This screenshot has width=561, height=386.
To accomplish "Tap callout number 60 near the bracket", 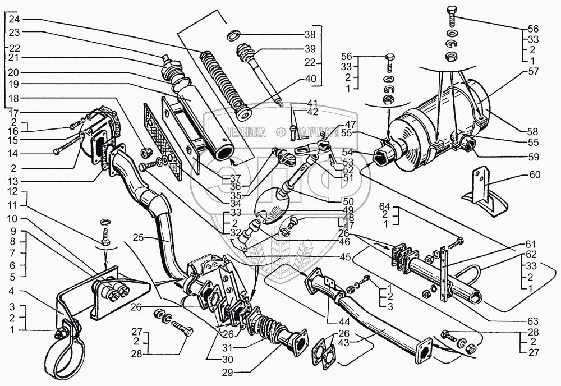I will (535, 175).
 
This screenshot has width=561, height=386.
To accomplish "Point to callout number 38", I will (310, 33).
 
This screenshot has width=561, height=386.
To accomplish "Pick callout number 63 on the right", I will (532, 321).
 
